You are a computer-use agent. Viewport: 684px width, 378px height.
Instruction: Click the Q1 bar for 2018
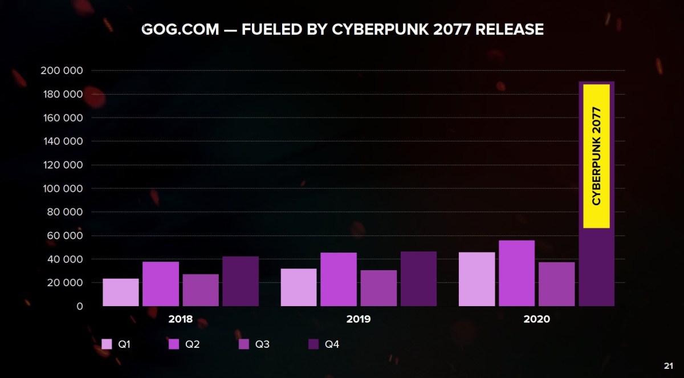[x=121, y=292]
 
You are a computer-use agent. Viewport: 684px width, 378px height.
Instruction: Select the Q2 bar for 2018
[x=161, y=284]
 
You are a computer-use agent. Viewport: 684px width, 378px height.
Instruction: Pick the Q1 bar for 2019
[x=299, y=287]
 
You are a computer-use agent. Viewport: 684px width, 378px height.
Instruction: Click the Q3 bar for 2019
[x=378, y=288]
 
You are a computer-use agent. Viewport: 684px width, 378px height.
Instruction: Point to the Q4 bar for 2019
[x=418, y=279]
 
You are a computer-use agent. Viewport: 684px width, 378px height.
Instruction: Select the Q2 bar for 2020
[x=516, y=273]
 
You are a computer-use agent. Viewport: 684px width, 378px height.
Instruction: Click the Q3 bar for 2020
[x=556, y=284]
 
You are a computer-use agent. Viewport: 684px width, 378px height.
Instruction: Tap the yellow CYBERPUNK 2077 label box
[x=597, y=156]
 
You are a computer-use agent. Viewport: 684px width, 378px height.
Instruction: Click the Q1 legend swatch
[x=107, y=344]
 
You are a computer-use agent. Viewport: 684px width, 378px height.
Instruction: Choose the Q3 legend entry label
[x=262, y=344]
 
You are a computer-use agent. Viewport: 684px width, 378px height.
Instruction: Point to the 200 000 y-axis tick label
[x=62, y=71]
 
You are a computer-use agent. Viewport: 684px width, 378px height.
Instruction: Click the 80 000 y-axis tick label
[x=64, y=212]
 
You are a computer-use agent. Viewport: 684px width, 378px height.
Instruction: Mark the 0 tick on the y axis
[x=79, y=306]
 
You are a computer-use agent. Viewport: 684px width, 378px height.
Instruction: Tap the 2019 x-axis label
[x=359, y=319]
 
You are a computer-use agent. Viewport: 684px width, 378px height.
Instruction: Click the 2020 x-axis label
[x=536, y=319]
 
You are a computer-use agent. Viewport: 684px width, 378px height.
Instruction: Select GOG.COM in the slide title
[x=180, y=29]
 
